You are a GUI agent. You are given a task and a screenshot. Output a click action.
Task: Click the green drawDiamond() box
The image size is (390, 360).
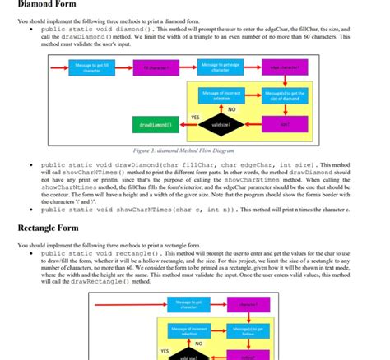(156, 125)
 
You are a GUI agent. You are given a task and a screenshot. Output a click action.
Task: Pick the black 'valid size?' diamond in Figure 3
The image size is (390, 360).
(217, 125)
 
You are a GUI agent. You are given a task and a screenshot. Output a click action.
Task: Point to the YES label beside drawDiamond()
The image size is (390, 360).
(194, 117)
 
